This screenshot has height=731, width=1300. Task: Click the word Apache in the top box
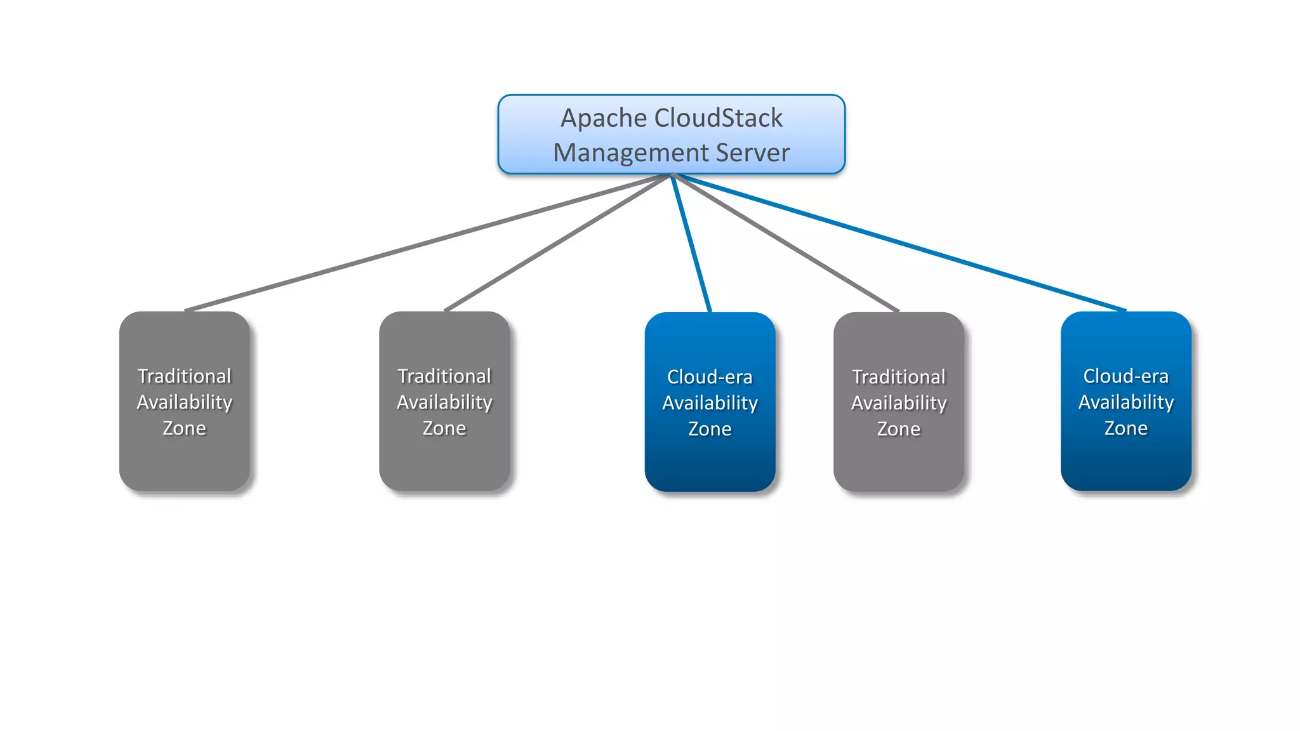pyautogui.click(x=603, y=119)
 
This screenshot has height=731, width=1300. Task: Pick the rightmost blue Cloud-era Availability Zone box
pyautogui.click(x=1125, y=457)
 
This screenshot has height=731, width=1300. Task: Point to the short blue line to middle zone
pyautogui.click(x=691, y=244)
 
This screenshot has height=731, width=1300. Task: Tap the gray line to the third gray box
pyautogui.click(x=786, y=243)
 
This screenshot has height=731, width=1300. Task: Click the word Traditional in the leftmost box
pyautogui.click(x=184, y=376)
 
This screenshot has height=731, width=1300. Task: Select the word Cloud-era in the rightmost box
pyautogui.click(x=1125, y=376)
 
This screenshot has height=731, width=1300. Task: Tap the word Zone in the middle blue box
pyautogui.click(x=710, y=429)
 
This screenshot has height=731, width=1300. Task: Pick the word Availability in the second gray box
pyautogui.click(x=444, y=402)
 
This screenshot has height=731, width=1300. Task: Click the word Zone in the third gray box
pyautogui.click(x=898, y=429)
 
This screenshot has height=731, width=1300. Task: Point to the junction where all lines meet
pyautogui.click(x=672, y=175)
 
